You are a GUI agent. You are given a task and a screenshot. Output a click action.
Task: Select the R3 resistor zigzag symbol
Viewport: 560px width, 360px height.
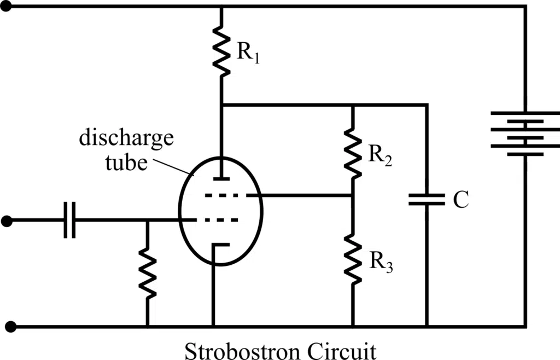[x=353, y=257]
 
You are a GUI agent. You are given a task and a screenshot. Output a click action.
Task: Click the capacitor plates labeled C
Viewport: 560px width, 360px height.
[x=427, y=199]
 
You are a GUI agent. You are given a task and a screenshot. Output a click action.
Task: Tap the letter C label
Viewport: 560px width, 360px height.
[x=460, y=200]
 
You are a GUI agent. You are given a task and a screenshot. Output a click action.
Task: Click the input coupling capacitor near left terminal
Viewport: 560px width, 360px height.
[x=69, y=220]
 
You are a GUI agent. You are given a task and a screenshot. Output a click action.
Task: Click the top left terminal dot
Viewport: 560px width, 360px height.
[x=7, y=7]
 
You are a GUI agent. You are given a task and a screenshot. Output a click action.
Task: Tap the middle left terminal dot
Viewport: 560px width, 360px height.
[x=7, y=221]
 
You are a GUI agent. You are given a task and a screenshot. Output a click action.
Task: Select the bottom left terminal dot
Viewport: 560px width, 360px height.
[x=7, y=327]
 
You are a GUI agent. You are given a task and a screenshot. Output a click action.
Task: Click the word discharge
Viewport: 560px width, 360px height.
[x=126, y=137]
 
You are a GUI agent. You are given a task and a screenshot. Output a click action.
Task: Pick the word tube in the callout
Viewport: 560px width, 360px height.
[x=127, y=161]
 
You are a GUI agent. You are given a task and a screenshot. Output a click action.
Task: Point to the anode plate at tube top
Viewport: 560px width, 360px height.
[x=221, y=178]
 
